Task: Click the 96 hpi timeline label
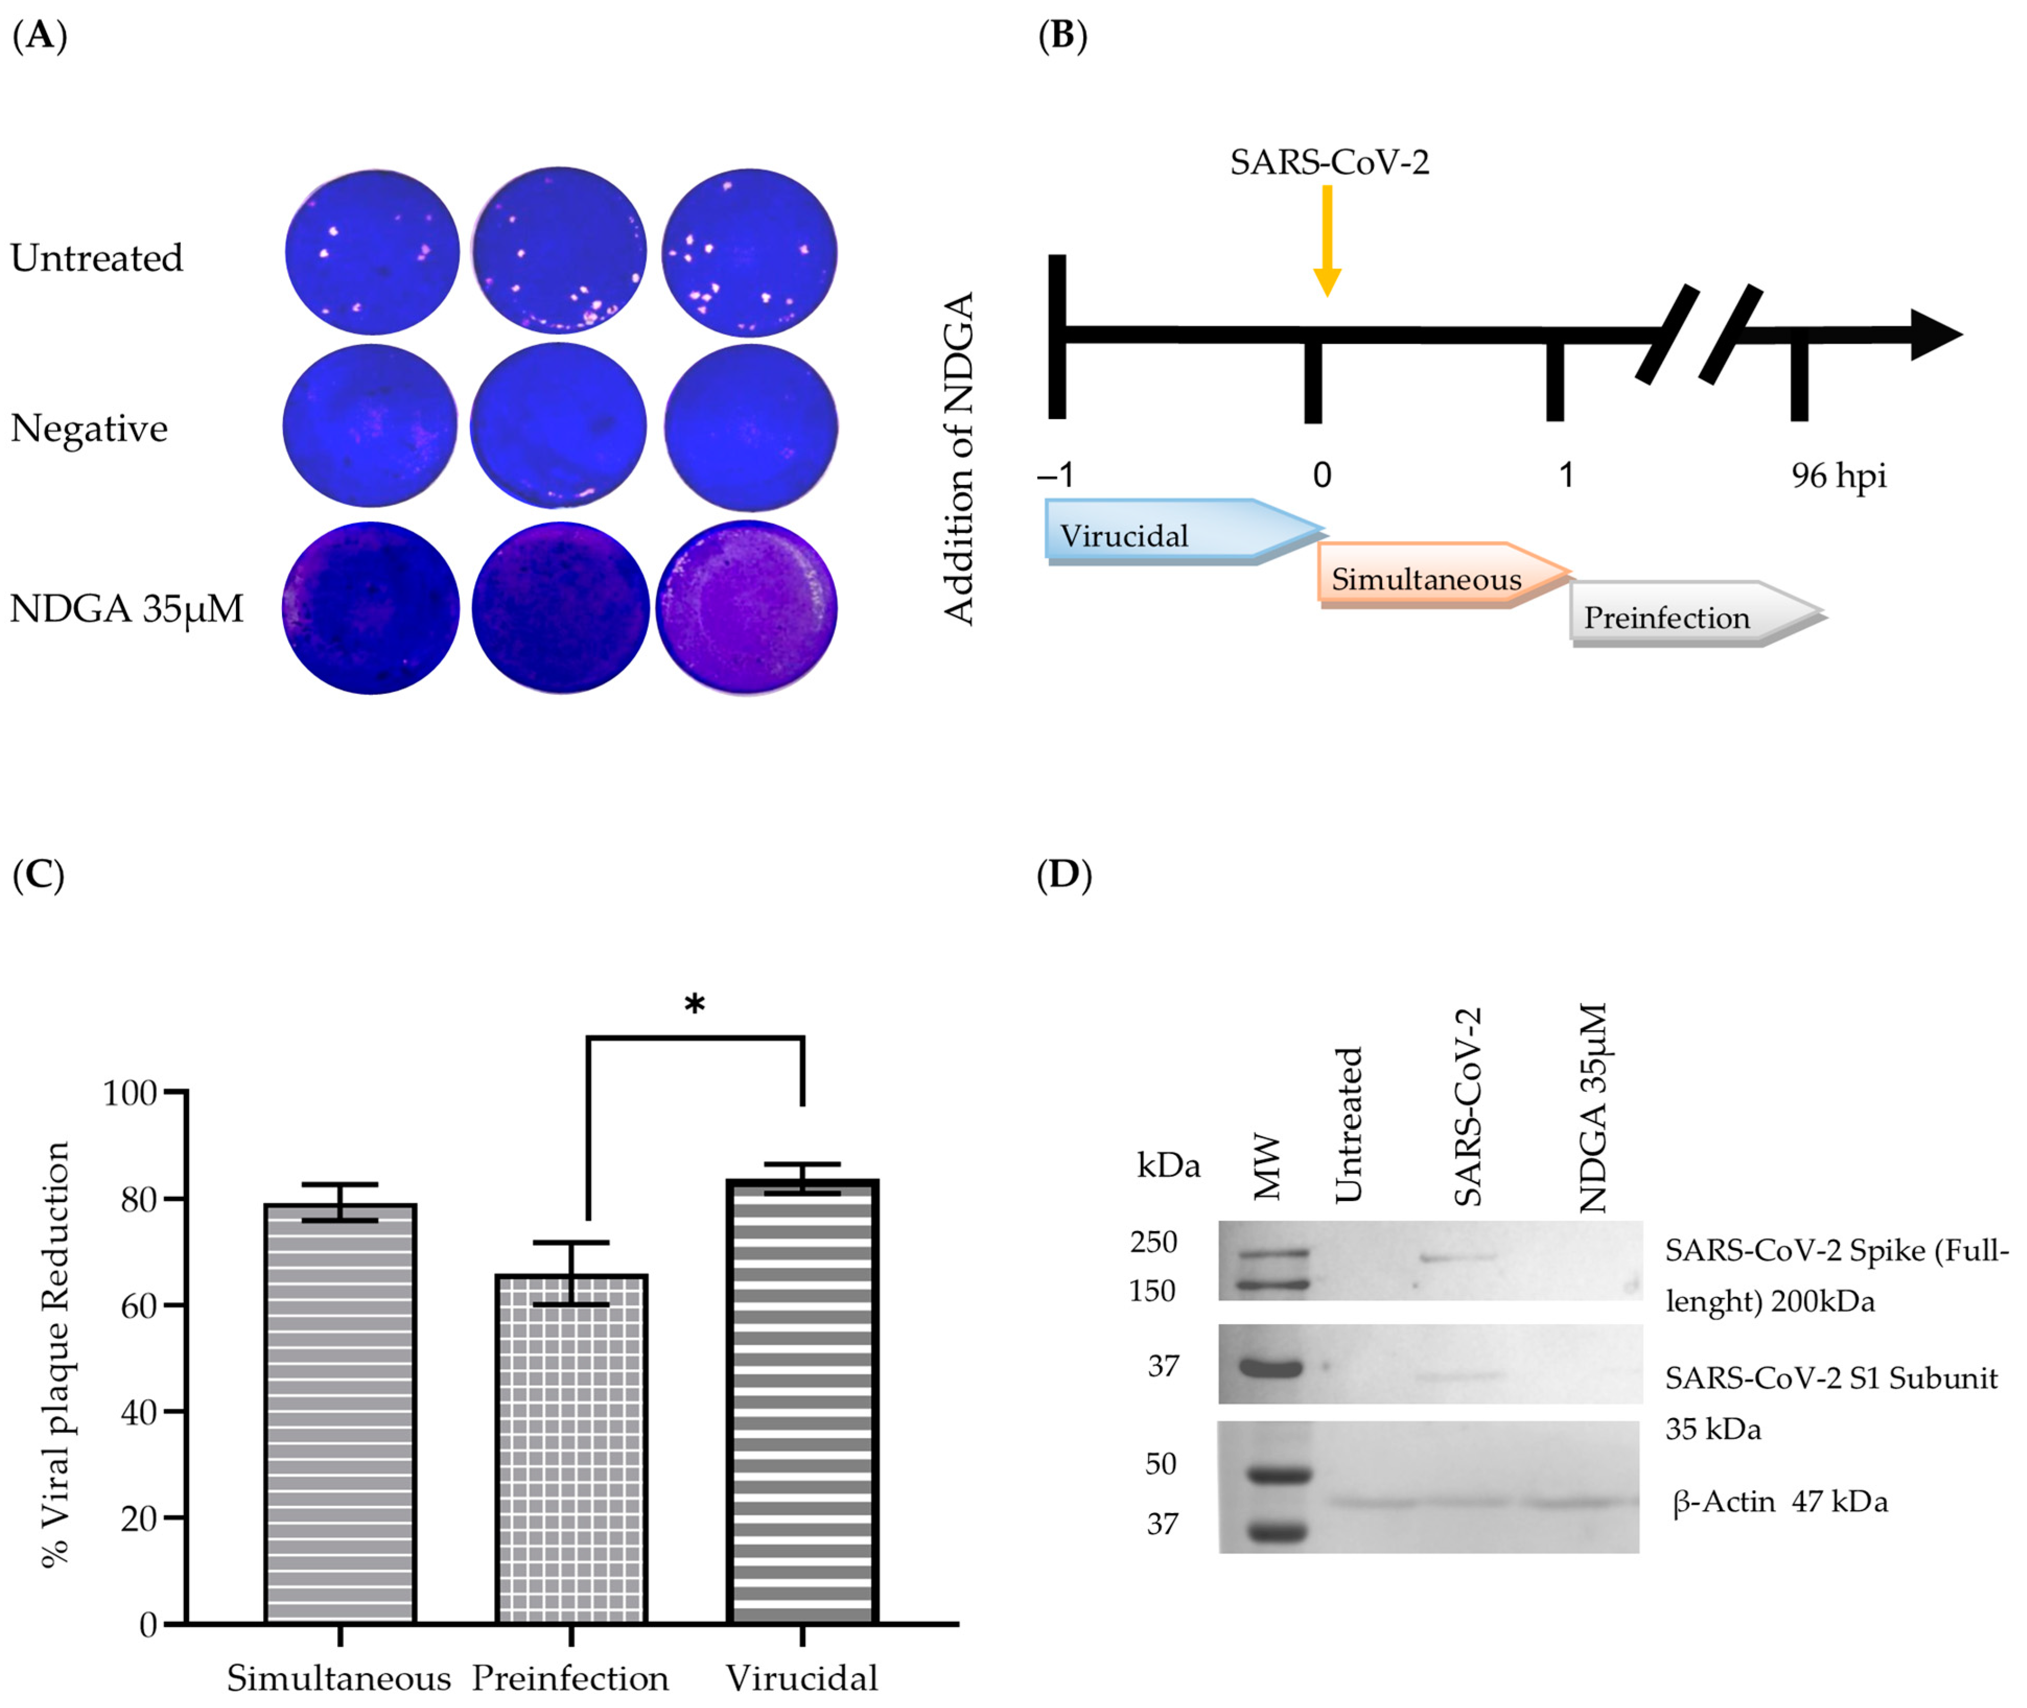click(1837, 475)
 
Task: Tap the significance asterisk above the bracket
click(694, 1004)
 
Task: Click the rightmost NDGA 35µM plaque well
click(747, 608)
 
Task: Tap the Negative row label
click(89, 428)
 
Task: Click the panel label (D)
click(1063, 874)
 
